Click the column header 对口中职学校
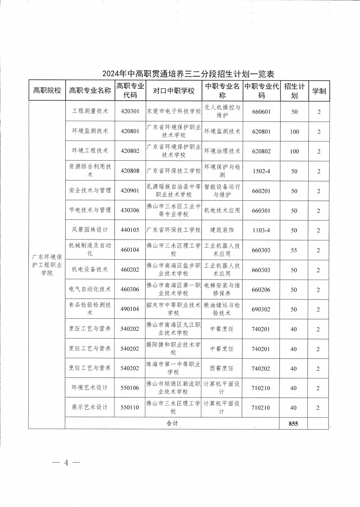pos(174,91)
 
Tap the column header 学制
pos(319,91)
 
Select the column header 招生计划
pos(294,91)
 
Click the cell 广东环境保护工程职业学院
pos(47,265)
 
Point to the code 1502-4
pos(261,171)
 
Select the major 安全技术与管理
pos(90,190)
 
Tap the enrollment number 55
pos(294,250)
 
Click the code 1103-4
pos(261,231)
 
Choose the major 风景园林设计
pos(90,230)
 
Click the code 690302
pos(261,309)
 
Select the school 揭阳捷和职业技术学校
pos(174,349)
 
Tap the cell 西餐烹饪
pos(222,368)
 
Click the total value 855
pos(294,423)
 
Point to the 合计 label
pos(172,423)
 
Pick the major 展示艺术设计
pos(90,407)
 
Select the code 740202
pos(261,368)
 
